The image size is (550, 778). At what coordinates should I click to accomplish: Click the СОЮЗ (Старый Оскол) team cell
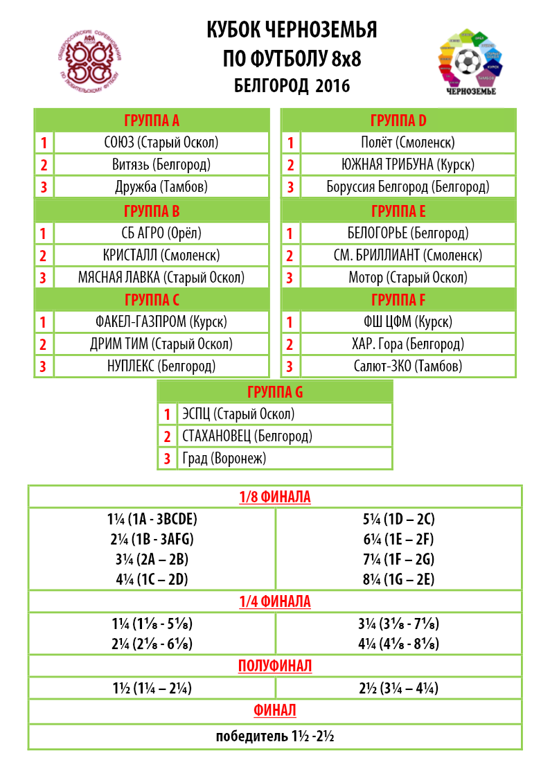point(161,143)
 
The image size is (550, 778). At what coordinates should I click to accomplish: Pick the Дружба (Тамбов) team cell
point(161,186)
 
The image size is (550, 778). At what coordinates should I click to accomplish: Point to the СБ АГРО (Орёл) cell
point(161,233)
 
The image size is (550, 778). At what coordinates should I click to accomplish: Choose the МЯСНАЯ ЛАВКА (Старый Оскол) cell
point(161,277)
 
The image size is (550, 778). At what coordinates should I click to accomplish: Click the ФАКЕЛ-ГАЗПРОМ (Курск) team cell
point(161,322)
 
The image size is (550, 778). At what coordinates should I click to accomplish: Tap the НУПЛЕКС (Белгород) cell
point(161,366)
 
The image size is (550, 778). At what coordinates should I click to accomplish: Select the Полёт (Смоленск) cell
point(407,143)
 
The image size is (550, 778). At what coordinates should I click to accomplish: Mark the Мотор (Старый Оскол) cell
point(407,277)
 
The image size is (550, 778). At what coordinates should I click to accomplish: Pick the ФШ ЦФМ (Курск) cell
point(407,322)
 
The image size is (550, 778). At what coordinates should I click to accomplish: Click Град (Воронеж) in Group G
point(224,458)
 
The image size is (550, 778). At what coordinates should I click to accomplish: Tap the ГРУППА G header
point(275,392)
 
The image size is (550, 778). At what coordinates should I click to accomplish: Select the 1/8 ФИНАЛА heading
point(275,497)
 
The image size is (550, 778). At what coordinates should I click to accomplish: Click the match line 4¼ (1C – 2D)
point(152,579)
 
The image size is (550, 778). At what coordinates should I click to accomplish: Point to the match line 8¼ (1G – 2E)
point(398,579)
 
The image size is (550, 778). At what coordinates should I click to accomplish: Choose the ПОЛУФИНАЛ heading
point(275,666)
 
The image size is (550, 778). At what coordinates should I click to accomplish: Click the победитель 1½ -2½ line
point(275,736)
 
